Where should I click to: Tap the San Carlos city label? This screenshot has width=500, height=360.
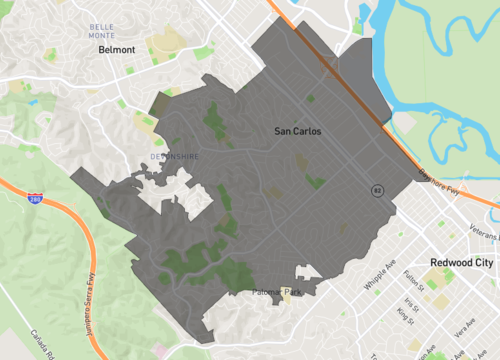coord(298,131)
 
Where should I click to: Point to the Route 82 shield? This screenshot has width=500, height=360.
coord(377,189)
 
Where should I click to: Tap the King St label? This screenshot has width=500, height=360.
coord(405,315)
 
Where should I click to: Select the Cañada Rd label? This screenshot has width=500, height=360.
coord(45,344)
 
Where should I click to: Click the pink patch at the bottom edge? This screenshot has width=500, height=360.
coord(158,352)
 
